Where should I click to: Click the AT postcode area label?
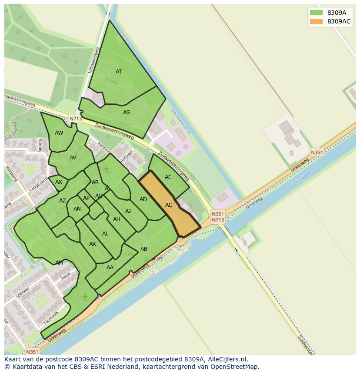119,72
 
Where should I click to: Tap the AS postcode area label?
127,113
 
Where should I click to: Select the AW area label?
59,133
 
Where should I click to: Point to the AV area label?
73,158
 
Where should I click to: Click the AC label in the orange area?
169,205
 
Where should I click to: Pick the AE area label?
168,177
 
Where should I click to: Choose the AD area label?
143,199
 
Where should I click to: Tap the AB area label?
144,249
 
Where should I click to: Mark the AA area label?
110,268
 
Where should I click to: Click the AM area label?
59,263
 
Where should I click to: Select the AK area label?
93,244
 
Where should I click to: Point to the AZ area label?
63,201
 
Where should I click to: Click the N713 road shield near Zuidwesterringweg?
75,119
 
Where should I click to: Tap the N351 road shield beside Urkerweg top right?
317,152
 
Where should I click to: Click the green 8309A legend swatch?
316,13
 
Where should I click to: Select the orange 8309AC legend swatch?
316,21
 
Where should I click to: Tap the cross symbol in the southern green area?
85,297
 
